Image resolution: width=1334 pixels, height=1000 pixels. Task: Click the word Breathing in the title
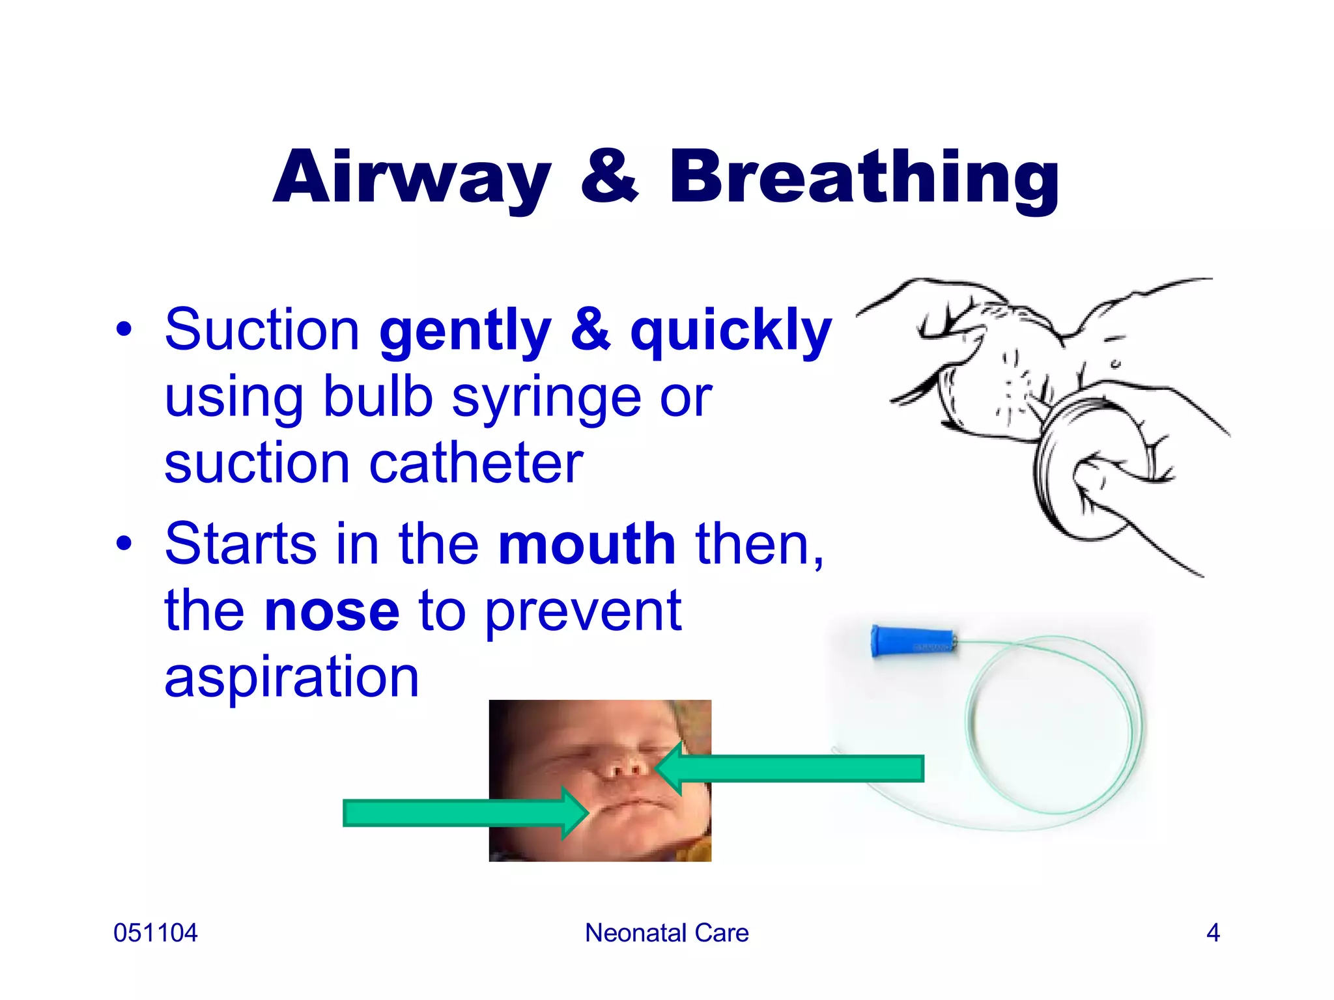[864, 177]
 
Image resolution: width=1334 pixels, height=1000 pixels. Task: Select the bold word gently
[465, 331]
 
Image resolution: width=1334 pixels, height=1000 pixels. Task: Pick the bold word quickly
[731, 331]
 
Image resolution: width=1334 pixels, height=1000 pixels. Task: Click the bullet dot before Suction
[124, 330]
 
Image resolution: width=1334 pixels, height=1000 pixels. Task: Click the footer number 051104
[155, 933]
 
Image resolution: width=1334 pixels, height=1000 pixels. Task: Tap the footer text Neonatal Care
[666, 933]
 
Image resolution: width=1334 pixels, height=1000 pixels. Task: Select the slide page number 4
[1212, 933]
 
